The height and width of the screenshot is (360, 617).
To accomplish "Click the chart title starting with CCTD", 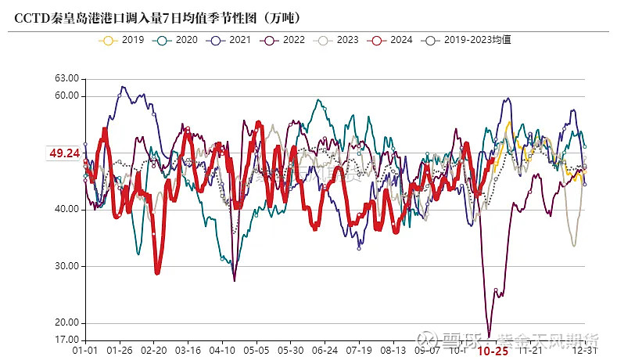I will coord(156,16).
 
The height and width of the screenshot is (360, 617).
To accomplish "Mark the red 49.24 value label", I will coord(65,154).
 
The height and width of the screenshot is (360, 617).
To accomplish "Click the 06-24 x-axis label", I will coord(324,351).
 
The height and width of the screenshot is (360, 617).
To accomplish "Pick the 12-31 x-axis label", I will coord(590,351).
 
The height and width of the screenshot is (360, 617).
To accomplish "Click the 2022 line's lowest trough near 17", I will coord(490,336).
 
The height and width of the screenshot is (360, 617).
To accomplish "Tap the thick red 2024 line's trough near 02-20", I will coord(158,272).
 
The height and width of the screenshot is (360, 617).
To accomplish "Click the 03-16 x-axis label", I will coord(188,351).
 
